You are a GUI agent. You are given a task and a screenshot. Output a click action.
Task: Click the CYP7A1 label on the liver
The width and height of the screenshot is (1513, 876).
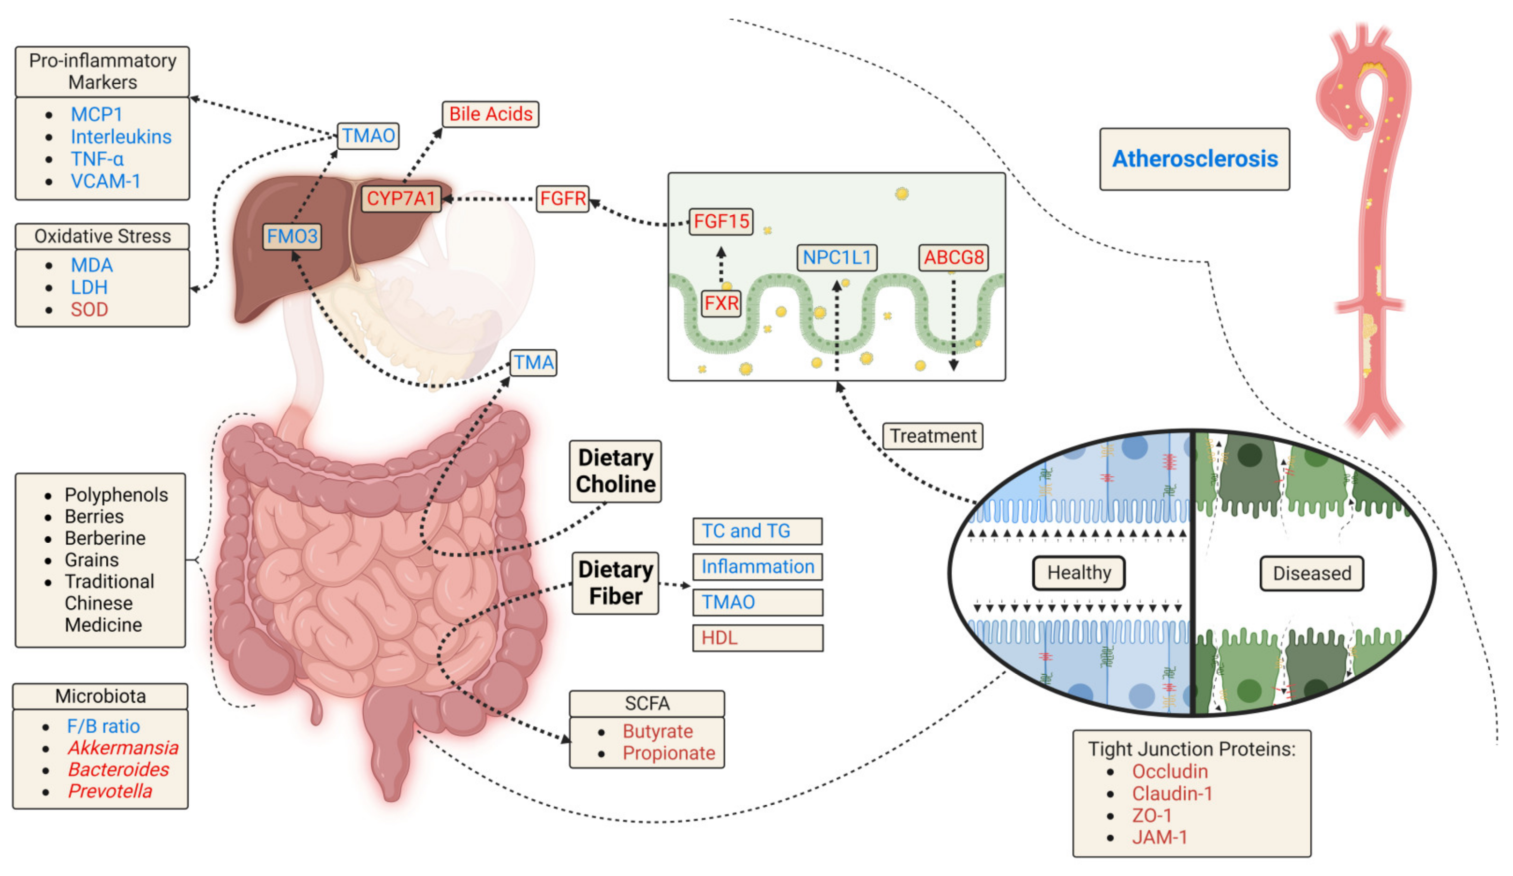point(400,198)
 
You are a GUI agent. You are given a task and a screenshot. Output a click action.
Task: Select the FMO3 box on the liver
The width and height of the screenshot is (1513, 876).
point(292,236)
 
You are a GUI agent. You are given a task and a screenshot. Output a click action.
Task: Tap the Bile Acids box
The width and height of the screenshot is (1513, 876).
point(491,114)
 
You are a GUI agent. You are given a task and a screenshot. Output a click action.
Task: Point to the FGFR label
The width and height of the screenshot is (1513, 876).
point(563,198)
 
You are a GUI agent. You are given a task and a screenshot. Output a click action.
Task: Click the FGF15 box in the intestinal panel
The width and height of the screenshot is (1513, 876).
point(720,221)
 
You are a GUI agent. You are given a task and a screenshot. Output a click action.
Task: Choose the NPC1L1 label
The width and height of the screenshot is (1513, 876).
point(837,257)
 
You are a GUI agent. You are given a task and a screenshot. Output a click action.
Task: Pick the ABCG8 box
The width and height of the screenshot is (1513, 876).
point(954,257)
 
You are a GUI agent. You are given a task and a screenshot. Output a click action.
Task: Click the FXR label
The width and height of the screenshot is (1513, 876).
point(721,303)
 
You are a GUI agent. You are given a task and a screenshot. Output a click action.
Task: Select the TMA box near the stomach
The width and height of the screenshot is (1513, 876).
point(533,362)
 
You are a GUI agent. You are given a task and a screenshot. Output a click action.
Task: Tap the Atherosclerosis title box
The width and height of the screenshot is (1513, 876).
point(1194,159)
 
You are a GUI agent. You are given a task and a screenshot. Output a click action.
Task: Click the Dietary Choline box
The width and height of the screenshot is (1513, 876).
point(616,471)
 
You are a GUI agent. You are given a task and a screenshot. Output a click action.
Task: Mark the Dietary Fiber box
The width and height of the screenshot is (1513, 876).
point(616,583)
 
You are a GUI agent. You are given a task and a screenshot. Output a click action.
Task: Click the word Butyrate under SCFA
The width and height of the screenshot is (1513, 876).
point(657,731)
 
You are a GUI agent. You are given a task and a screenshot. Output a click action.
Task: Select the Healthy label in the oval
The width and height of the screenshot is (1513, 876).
point(1079,572)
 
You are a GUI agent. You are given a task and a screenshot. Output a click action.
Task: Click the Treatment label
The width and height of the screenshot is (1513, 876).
point(933,436)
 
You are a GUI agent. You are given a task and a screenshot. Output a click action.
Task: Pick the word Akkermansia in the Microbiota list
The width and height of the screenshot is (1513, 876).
point(123,748)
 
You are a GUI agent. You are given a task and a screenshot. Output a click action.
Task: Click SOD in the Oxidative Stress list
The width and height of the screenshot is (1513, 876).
point(89,310)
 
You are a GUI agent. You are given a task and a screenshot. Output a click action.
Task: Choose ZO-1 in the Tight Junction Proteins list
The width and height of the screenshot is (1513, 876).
point(1151,815)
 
